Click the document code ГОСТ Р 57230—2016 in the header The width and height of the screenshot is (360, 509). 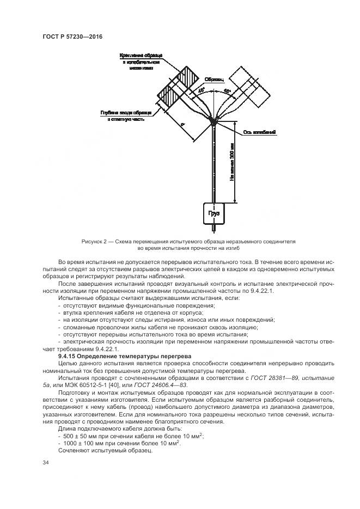72,36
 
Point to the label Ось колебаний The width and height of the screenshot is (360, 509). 259,132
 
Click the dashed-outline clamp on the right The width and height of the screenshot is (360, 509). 248,87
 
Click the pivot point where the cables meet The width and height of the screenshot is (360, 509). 213,123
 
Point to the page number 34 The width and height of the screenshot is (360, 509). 45,463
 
